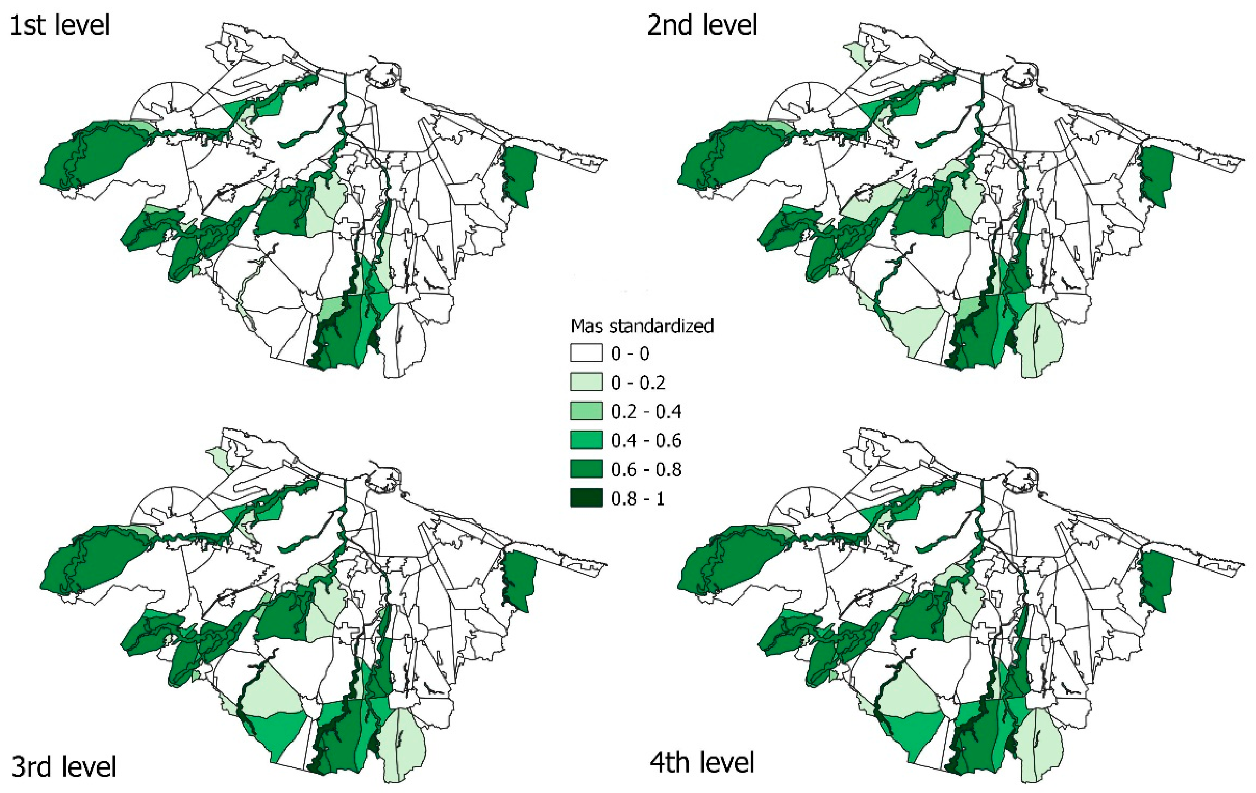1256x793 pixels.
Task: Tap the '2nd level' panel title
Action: [x=701, y=25]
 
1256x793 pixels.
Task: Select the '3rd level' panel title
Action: [x=64, y=767]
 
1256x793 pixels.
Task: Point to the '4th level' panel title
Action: [x=701, y=762]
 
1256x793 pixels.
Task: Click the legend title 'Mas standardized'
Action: [x=642, y=326]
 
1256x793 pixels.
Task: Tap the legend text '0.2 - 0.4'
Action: [x=646, y=412]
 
